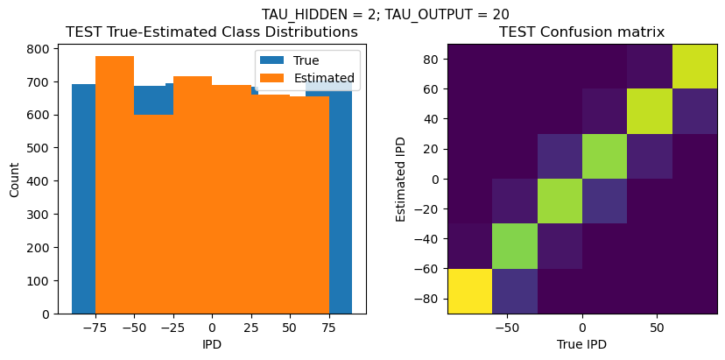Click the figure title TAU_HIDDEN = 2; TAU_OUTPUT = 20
385,14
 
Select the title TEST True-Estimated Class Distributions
212,32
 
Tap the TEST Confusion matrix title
581,32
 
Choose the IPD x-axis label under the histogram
212,344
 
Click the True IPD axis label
581,344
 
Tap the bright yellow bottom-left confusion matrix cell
469,291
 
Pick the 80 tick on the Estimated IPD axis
432,60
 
